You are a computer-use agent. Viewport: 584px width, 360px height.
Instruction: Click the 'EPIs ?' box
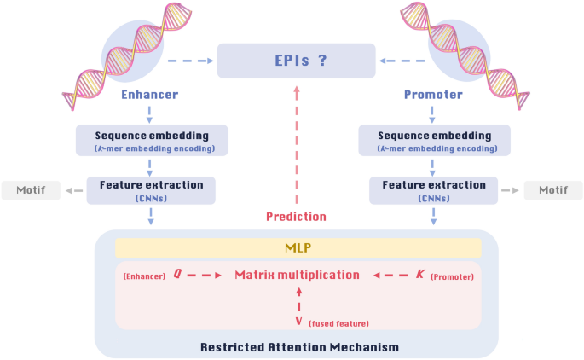pyautogui.click(x=296, y=61)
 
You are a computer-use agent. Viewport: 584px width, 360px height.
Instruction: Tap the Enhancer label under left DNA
pyautogui.click(x=149, y=95)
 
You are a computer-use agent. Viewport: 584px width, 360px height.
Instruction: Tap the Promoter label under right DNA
pyautogui.click(x=433, y=95)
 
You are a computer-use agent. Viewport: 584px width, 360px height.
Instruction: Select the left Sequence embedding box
pyautogui.click(x=152, y=141)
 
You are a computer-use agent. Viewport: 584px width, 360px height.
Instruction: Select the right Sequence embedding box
pyautogui.click(x=435, y=141)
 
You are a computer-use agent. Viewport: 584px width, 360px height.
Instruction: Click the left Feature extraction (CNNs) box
pyautogui.click(x=151, y=190)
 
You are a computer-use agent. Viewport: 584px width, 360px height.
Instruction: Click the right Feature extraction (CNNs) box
pyautogui.click(x=434, y=190)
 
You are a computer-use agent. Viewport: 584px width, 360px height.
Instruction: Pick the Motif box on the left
pyautogui.click(x=31, y=190)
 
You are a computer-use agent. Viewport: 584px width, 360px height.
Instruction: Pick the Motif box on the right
pyautogui.click(x=553, y=190)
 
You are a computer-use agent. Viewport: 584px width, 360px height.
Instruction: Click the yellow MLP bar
pyautogui.click(x=298, y=248)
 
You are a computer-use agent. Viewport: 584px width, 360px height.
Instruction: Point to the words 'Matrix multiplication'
pyautogui.click(x=297, y=275)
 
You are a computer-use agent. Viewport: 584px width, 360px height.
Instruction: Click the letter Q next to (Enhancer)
pyautogui.click(x=177, y=275)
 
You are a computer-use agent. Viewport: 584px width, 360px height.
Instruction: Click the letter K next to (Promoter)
pyautogui.click(x=419, y=275)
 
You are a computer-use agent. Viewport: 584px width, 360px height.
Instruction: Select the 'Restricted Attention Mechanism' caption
pyautogui.click(x=299, y=347)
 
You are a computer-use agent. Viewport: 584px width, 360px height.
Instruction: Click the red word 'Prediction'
pyautogui.click(x=296, y=217)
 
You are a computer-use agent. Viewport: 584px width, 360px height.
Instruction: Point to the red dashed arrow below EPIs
pyautogui.click(x=296, y=145)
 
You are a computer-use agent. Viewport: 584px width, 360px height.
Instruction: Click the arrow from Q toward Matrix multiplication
pyautogui.click(x=205, y=275)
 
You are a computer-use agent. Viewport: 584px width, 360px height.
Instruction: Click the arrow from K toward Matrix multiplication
pyautogui.click(x=390, y=275)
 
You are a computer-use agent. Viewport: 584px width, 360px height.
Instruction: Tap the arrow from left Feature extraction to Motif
pyautogui.click(x=74, y=190)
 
